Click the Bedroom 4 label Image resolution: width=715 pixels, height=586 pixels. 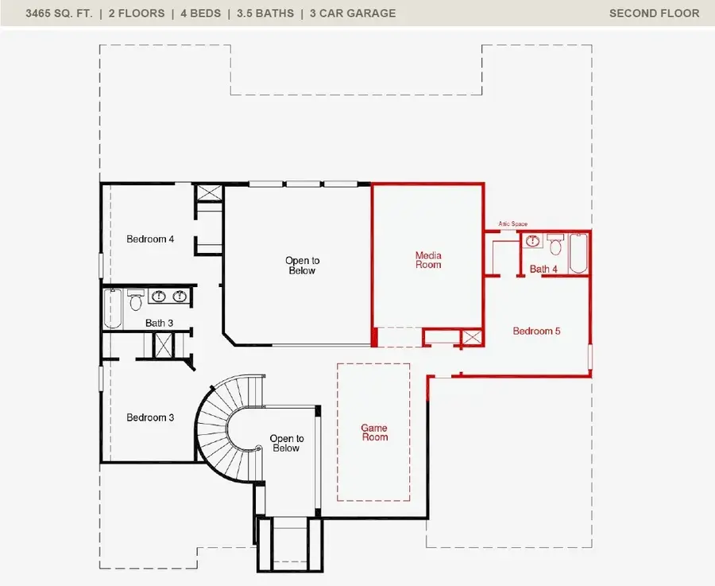pyautogui.click(x=150, y=239)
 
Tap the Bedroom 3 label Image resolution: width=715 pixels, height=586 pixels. pyautogui.click(x=150, y=417)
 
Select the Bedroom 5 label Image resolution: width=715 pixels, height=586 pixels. pyautogui.click(x=536, y=331)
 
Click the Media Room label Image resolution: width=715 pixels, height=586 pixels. pyautogui.click(x=428, y=260)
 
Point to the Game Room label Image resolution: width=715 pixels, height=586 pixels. pyautogui.click(x=374, y=433)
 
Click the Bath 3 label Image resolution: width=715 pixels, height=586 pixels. pyautogui.click(x=159, y=323)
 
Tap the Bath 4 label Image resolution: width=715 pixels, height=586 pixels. pyautogui.click(x=543, y=270)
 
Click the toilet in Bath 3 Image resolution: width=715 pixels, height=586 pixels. pyautogui.click(x=135, y=300)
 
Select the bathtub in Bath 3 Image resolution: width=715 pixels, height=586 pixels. pyautogui.click(x=113, y=309)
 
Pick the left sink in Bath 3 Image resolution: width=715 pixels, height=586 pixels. pyautogui.click(x=160, y=297)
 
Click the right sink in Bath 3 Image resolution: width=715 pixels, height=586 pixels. pyautogui.click(x=180, y=297)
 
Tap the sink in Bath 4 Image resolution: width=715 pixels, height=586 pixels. pyautogui.click(x=533, y=241)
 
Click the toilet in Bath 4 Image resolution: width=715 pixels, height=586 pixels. pyautogui.click(x=555, y=241)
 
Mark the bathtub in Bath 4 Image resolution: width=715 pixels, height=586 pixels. pyautogui.click(x=578, y=253)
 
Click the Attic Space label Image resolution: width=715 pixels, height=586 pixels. pyautogui.click(x=512, y=224)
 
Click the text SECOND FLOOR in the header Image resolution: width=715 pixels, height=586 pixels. pyautogui.click(x=654, y=13)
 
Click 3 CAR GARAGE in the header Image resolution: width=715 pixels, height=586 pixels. pyautogui.click(x=353, y=13)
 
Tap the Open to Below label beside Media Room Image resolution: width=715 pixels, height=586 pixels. pyautogui.click(x=302, y=266)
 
